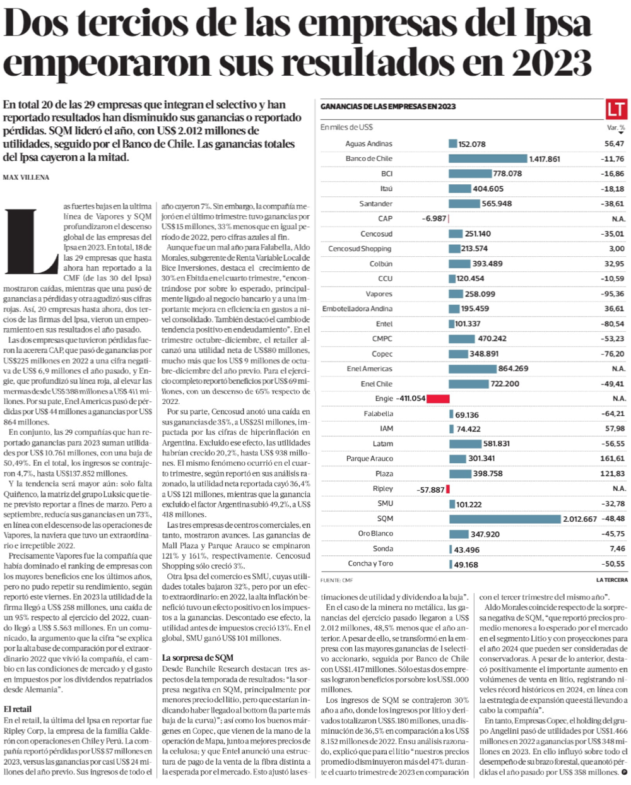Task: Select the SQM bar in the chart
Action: pos(505,519)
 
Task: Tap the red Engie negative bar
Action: pos(438,399)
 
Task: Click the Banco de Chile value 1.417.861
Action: pos(545,159)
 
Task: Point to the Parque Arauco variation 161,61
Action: pos(612,459)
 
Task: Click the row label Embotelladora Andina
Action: pos(357,309)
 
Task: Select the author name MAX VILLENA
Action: pos(26,177)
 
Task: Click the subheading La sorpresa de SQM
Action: pos(198,658)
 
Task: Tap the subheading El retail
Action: pos(18,709)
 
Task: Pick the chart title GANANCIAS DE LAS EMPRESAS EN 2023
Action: pos(387,107)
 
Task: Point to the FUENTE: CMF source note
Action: pos(336,579)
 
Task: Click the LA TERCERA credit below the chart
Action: pos(611,579)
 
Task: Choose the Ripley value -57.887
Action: pos(430,489)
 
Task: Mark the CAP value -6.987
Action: pos(433,218)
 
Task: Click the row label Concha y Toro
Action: pos(370,564)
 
